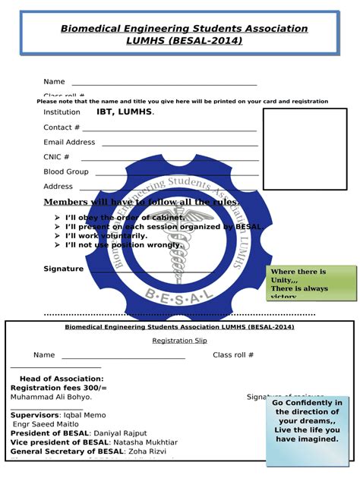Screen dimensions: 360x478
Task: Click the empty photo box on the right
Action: pos(305,149)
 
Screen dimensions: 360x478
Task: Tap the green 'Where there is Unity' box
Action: pos(311,283)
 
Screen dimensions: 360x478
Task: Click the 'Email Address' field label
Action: pos(69,142)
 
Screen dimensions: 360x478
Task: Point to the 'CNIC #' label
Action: pos(56,157)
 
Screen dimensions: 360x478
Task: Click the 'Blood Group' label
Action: pos(66,171)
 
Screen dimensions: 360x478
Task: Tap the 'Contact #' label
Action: pos(62,127)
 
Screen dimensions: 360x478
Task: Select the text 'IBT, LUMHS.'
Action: pos(125,112)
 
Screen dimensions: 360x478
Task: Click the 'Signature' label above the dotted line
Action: pos(63,269)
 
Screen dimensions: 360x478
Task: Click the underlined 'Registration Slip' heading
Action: pos(179,341)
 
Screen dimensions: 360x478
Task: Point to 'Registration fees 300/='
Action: pos(58,388)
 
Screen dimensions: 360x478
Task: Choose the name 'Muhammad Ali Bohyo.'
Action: pos(51,397)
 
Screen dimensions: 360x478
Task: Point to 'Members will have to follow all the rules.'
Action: pos(141,202)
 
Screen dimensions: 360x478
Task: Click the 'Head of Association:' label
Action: pos(62,379)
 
